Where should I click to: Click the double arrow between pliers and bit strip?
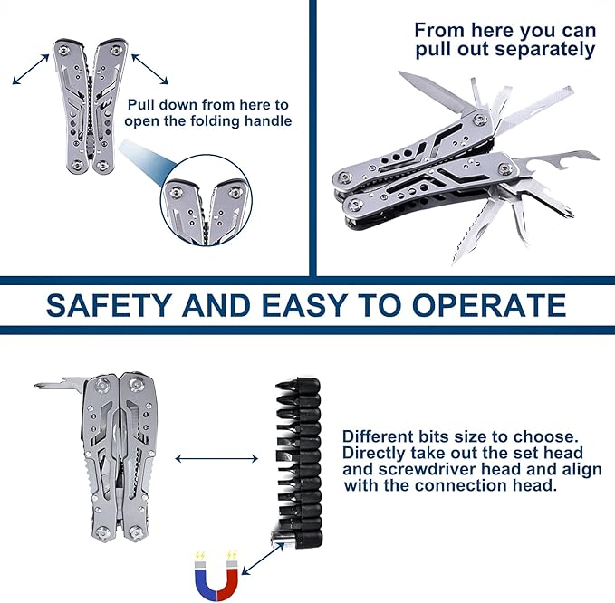(216, 458)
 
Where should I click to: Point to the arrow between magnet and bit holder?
(263, 559)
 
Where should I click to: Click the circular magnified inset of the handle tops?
(207, 200)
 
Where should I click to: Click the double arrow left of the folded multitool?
(31, 70)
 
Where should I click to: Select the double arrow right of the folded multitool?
(149, 70)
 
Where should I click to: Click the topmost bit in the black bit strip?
(297, 386)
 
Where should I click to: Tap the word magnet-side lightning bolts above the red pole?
(232, 556)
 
